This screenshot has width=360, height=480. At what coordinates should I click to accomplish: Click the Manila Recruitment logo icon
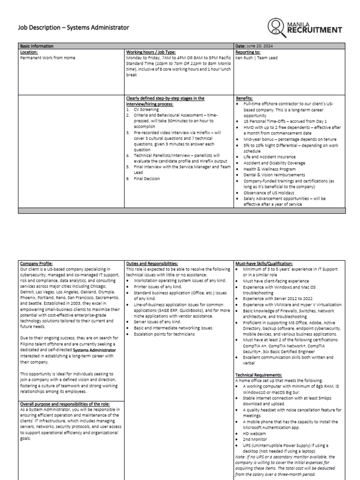click(279, 28)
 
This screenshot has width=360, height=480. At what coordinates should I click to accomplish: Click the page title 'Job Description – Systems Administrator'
click(74, 28)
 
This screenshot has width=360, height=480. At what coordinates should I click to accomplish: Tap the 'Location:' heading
click(29, 52)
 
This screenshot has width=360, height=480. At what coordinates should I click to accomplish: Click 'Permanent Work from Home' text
click(47, 58)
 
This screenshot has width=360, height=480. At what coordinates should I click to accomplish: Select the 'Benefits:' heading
click(245, 98)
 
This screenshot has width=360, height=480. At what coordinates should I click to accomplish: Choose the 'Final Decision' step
click(147, 178)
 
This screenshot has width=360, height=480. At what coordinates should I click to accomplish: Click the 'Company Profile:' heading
click(37, 263)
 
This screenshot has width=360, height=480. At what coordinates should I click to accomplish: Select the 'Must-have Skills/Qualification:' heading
click(265, 263)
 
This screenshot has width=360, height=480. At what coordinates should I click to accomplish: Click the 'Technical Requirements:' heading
click(258, 375)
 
